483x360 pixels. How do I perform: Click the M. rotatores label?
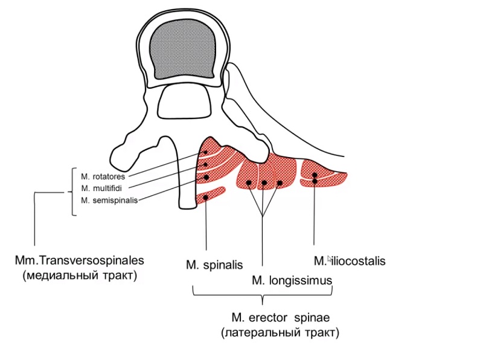(x=103, y=176)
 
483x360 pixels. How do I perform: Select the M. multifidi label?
(x=101, y=188)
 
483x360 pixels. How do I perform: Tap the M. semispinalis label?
(x=109, y=201)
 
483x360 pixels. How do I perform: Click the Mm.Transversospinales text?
(x=80, y=260)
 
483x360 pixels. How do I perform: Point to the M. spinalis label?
(x=214, y=265)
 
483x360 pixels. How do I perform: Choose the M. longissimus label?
(x=292, y=280)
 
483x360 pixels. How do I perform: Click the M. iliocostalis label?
(x=350, y=261)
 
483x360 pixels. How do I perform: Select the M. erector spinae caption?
(x=281, y=318)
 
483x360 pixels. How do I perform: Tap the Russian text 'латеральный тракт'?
(x=280, y=333)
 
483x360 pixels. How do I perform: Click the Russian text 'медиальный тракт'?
(x=80, y=275)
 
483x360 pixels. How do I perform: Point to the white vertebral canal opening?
(x=184, y=101)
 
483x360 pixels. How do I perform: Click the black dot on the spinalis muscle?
(x=206, y=198)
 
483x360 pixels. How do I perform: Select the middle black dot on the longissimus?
(x=264, y=183)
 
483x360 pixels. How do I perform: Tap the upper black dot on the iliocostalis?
(x=315, y=175)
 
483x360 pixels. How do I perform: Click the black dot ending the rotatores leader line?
(x=206, y=152)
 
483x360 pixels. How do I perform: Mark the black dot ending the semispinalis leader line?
(x=206, y=178)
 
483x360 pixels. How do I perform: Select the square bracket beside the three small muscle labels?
(x=73, y=191)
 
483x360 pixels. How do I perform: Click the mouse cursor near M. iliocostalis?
(x=330, y=259)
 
